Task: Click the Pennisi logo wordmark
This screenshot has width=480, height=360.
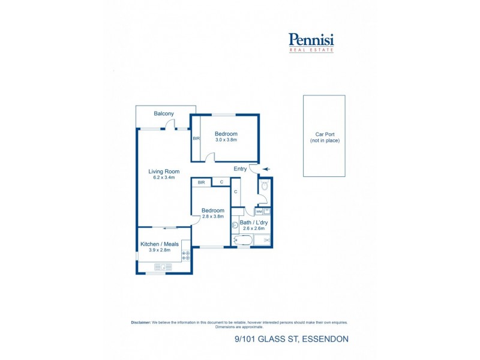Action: pos(311,40)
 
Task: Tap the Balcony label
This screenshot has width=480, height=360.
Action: pos(164,113)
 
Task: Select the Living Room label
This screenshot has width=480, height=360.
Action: pos(164,171)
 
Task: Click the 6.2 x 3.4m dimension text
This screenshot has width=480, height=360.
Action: pos(164,178)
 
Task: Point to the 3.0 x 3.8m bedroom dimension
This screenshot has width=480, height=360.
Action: pos(226,140)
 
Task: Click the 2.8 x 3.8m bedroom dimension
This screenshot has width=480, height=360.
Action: pos(212,217)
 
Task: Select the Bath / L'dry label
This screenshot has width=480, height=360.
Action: pos(254,222)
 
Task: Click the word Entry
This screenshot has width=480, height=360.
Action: pos(240,169)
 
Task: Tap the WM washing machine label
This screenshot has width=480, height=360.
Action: pos(259,211)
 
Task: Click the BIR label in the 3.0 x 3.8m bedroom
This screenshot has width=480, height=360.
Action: pos(196,138)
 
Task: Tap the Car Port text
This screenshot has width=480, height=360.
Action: pos(324,134)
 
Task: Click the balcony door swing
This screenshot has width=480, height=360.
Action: pos(170,125)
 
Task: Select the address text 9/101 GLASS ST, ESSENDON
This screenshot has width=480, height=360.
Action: pos(291,339)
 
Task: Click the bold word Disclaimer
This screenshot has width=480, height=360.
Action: pos(140,322)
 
